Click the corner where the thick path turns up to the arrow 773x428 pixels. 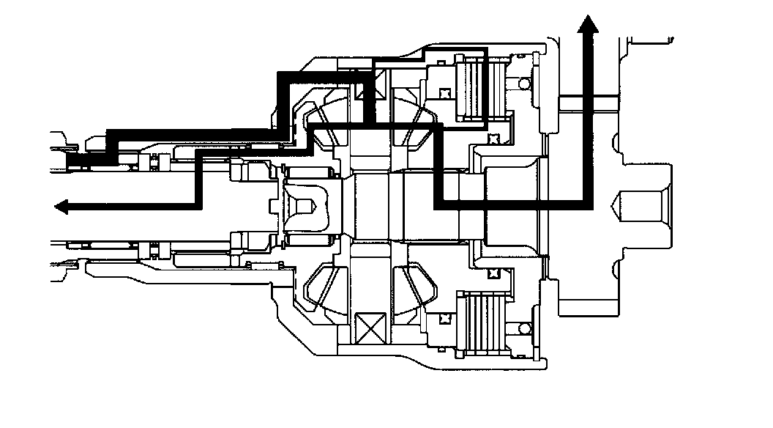pos(587,205)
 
